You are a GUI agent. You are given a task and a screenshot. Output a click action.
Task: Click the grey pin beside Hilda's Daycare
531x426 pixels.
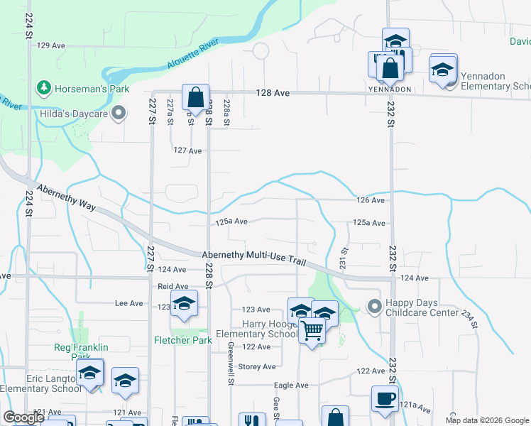coord(119,113)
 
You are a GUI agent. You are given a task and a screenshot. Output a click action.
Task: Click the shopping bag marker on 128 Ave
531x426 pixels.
coord(195,97)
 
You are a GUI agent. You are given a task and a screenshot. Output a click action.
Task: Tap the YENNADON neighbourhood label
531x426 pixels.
coord(390,89)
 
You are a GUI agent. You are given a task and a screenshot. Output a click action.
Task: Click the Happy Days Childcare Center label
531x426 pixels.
coord(422,307)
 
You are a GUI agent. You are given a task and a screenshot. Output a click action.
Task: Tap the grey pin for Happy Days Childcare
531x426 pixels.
coord(373,307)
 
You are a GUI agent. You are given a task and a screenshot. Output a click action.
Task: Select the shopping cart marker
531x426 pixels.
coord(312,330)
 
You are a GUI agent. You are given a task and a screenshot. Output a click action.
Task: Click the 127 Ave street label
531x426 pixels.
coord(187,151)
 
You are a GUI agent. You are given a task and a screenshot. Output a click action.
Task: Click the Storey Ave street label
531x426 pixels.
coord(256,367)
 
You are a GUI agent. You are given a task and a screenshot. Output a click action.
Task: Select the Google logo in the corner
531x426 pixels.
coord(23,417)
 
